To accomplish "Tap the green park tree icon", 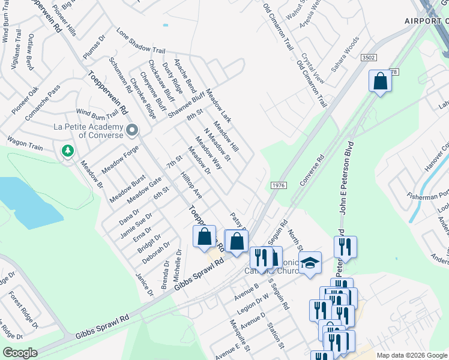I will coord(68,151).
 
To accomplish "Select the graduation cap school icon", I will coord(310,263).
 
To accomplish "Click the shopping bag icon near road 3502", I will coord(380,81).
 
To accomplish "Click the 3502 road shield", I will coord(369,57).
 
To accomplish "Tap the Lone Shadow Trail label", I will coord(140,42).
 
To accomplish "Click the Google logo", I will coord(20,353).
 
